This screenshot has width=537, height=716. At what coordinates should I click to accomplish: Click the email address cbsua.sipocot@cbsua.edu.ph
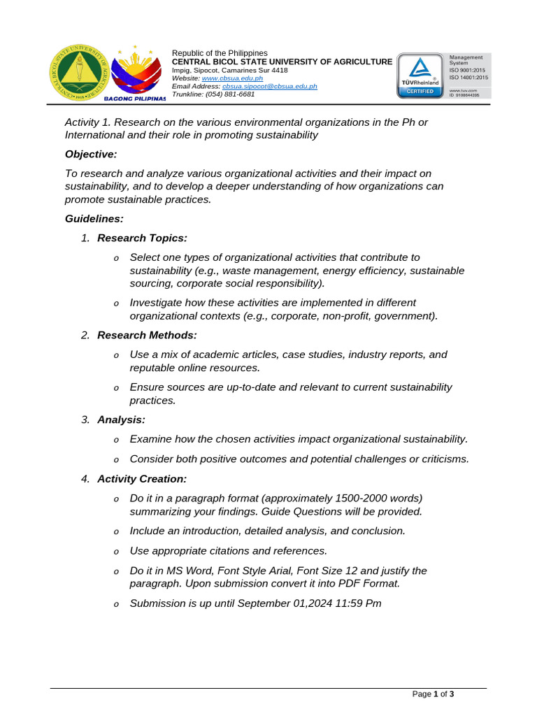tap(270, 86)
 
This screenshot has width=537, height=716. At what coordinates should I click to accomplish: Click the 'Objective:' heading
tap(91, 154)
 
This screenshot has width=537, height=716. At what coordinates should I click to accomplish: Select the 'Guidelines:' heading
tap(94, 219)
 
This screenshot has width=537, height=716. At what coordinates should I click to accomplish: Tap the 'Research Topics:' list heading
tap(142, 238)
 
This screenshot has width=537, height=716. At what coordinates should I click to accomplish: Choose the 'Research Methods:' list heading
tap(147, 336)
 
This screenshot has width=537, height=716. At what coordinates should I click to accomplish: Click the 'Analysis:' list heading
tap(121, 420)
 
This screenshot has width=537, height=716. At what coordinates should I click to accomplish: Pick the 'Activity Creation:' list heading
tap(142, 479)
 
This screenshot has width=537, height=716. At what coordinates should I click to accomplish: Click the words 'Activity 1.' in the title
tap(88, 122)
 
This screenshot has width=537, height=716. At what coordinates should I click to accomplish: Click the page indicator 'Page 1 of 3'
tap(434, 694)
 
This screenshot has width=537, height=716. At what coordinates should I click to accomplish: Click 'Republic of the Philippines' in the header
tap(220, 53)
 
